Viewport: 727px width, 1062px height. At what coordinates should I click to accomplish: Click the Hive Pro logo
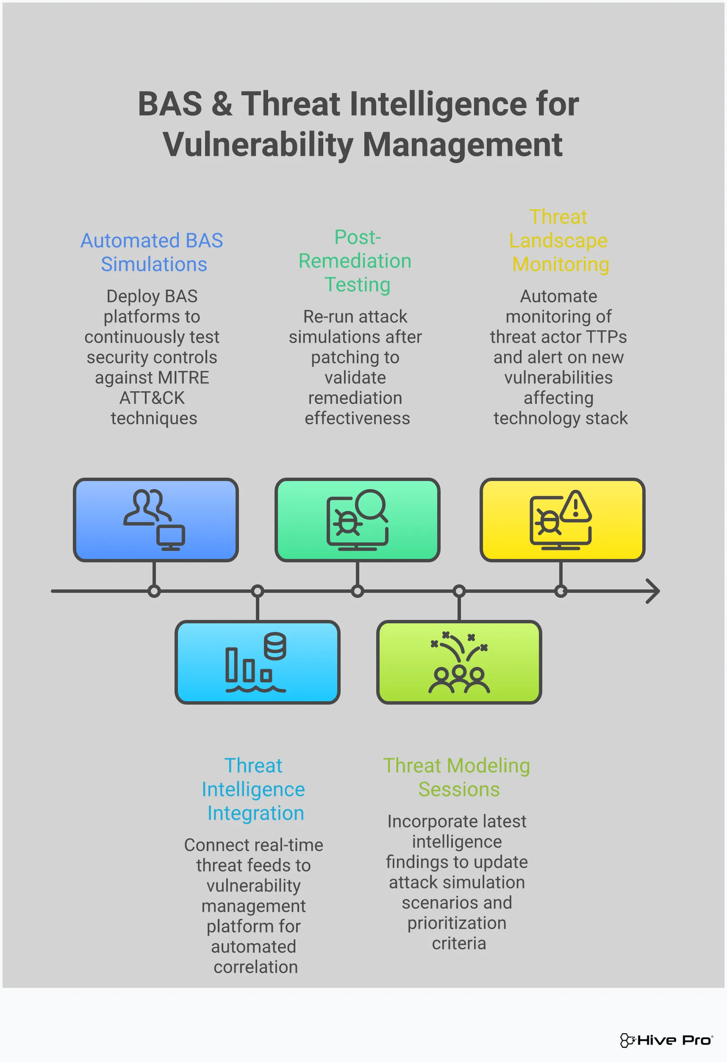[x=666, y=1040]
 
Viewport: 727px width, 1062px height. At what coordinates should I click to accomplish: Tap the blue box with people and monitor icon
[x=155, y=520]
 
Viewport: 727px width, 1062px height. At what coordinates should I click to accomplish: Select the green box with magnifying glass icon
[x=357, y=520]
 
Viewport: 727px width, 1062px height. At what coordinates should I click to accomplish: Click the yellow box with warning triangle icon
[x=562, y=520]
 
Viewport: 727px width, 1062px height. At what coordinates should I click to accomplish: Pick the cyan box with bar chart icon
[x=257, y=662]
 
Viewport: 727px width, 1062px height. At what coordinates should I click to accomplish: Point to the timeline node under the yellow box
[x=561, y=591]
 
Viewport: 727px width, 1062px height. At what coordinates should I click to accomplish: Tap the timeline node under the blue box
[x=154, y=591]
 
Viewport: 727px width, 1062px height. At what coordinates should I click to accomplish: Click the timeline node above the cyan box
[x=258, y=591]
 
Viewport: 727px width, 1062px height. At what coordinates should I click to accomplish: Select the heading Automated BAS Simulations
[x=152, y=252]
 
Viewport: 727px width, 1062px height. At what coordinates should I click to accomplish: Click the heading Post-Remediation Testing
[x=356, y=261]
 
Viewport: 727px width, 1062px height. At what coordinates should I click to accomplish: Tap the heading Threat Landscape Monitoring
[x=559, y=241]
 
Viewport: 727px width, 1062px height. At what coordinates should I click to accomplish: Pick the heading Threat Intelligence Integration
[x=254, y=789]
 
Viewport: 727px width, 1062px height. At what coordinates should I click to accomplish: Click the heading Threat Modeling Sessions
[x=457, y=777]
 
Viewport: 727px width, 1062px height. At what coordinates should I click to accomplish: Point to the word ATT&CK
[x=152, y=398]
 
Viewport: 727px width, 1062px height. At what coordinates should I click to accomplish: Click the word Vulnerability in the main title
[x=258, y=145]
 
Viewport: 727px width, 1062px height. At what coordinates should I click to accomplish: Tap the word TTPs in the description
[x=606, y=337]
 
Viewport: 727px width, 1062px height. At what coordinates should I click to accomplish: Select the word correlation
[x=255, y=967]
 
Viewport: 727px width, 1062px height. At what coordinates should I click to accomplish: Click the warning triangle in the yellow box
[x=576, y=507]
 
